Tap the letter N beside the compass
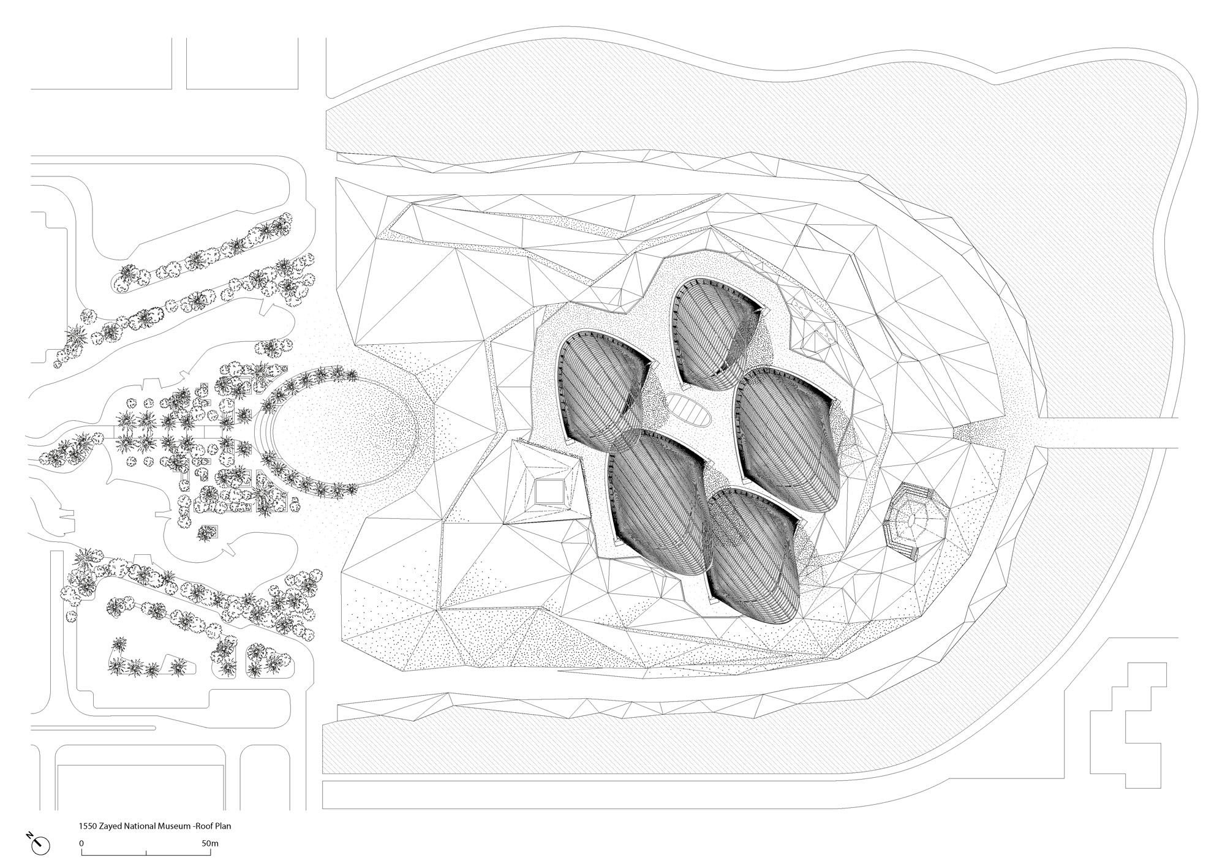[x=29, y=835]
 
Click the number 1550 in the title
[x=86, y=826]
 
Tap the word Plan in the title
[x=223, y=826]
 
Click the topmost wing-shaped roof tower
[x=715, y=334]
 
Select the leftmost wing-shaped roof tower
[x=600, y=389]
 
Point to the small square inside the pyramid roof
[x=549, y=492]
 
